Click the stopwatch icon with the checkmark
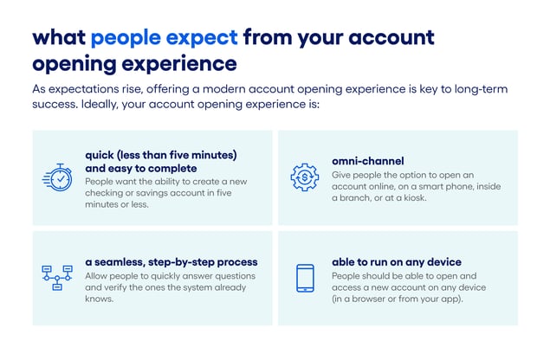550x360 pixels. (58, 177)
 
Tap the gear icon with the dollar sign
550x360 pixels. (304, 177)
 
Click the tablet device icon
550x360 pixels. (305, 277)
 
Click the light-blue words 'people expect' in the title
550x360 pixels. (164, 37)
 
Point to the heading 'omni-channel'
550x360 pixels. (367, 161)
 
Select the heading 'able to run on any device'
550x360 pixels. (396, 261)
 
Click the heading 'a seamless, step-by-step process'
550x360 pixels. (171, 261)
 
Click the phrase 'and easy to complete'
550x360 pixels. (140, 168)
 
